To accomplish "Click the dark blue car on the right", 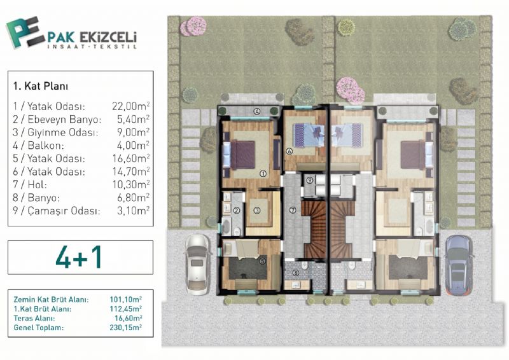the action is coord(458,265).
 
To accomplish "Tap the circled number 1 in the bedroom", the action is coord(263,174).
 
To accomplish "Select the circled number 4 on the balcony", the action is coord(257,112).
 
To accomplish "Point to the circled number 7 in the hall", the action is coord(293,210).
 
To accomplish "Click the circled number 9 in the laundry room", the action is coord(309,179).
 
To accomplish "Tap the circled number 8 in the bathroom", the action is coord(296,273).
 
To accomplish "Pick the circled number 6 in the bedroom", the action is coord(289,151).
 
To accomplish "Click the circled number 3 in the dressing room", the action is coord(257,211).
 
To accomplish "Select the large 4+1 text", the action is coord(79,257).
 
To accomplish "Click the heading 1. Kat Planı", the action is coord(41,87).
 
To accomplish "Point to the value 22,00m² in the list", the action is coord(131,106).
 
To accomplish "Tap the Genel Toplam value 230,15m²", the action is coord(125,327).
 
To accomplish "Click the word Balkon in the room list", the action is coord(46,146).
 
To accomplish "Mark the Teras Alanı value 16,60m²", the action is coord(129,318).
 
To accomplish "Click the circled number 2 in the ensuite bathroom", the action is coord(236,211).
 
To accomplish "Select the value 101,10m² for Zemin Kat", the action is coord(125,300).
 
